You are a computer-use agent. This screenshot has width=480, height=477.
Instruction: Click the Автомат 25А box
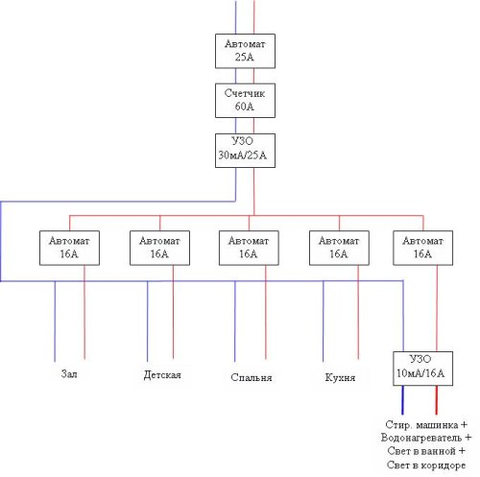point(245,51)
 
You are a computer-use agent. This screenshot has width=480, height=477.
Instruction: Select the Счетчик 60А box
point(245,101)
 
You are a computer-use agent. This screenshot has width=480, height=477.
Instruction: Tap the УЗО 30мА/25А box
point(245,151)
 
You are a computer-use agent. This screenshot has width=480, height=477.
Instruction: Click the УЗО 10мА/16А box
point(422,369)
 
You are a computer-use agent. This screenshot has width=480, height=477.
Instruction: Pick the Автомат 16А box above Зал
point(69,248)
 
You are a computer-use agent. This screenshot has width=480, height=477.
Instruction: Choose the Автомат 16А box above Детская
point(159,248)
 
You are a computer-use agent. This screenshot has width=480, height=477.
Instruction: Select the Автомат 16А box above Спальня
point(249,248)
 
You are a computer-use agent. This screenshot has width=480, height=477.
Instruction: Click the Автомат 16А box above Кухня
point(339,248)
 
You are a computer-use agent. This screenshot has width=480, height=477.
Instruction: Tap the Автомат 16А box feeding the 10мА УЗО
point(422,248)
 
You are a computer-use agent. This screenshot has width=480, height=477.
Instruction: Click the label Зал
point(69,373)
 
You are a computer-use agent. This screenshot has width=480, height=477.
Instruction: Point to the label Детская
point(162,374)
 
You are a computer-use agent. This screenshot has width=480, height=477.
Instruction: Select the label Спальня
point(252,377)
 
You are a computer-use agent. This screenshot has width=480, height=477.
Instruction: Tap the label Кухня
point(340,377)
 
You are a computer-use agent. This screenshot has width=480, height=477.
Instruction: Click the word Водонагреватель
point(421,438)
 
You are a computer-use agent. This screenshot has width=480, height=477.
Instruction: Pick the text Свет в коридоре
point(426,465)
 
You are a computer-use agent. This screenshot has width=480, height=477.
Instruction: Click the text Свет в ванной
point(421,451)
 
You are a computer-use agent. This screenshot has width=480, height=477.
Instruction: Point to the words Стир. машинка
point(421,425)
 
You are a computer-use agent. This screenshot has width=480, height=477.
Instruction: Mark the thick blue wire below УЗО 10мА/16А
point(402,400)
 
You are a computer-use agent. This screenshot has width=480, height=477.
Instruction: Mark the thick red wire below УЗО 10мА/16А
point(436,400)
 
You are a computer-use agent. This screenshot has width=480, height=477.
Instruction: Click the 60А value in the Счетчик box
point(245,107)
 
